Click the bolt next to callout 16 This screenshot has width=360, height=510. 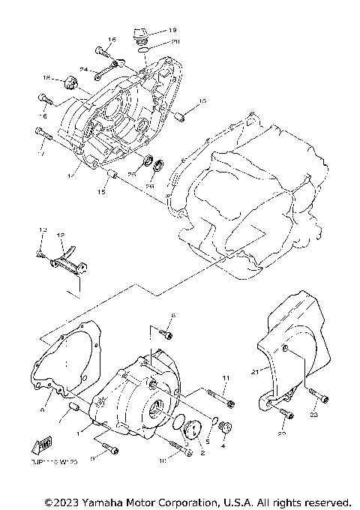click(x=103, y=52)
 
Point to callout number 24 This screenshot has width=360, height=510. click(x=85, y=70)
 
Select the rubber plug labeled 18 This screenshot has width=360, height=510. click(x=72, y=81)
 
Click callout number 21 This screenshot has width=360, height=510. click(x=255, y=371)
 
